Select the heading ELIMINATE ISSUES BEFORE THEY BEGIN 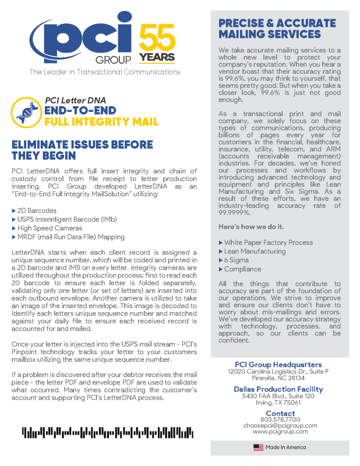click(82, 150)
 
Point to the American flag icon click(258, 447)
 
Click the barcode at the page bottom click(108, 432)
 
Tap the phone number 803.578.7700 click(280, 419)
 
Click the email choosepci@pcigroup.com click(280, 425)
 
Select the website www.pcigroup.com click(280, 432)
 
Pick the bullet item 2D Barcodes click(37, 210)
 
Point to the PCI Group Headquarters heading click(278, 365)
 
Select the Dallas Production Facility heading click(278, 389)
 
